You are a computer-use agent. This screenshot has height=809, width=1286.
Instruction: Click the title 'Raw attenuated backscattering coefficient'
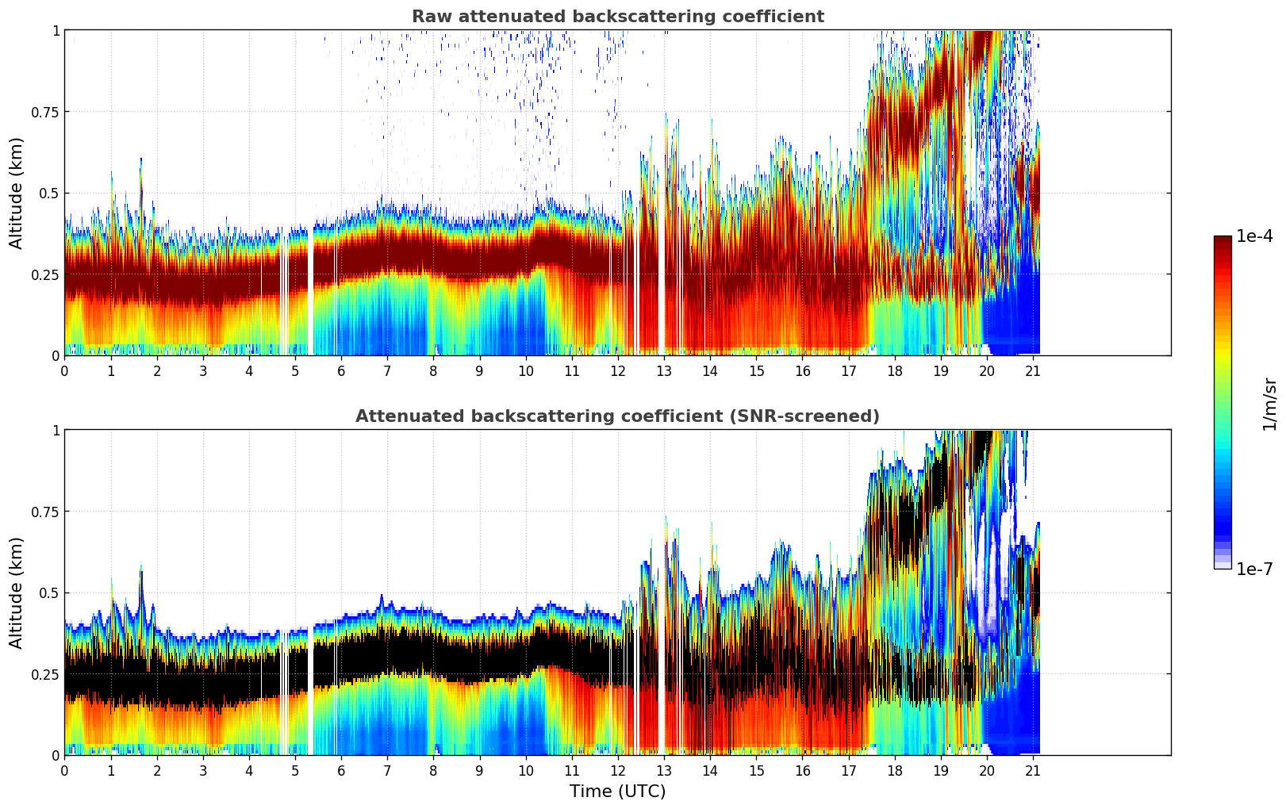(617, 17)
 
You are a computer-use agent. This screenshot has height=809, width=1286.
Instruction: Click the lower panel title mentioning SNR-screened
(617, 416)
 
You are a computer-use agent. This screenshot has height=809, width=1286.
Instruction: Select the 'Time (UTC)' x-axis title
(617, 792)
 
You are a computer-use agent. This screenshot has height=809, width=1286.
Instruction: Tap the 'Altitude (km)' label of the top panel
(17, 193)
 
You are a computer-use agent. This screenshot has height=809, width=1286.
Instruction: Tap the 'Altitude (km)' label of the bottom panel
(17, 592)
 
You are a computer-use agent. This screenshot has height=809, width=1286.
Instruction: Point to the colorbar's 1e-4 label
(1254, 236)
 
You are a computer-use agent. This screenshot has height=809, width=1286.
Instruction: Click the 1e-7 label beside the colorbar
(1254, 569)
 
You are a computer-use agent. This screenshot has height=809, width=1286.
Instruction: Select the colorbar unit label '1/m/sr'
(1269, 404)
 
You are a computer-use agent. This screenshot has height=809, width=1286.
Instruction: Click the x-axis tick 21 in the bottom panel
(1033, 770)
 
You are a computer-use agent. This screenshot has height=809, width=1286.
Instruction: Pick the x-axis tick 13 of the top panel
(664, 370)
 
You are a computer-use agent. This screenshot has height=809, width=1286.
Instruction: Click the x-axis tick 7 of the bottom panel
(387, 770)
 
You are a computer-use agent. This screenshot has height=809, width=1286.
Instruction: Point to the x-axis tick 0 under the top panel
(64, 370)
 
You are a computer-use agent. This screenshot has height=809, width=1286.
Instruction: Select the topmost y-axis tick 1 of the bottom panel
(56, 430)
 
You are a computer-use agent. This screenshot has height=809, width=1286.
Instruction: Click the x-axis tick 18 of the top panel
(895, 370)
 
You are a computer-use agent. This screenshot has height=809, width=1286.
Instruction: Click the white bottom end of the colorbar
(1223, 566)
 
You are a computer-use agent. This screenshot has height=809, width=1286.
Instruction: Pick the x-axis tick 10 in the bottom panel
(525, 770)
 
